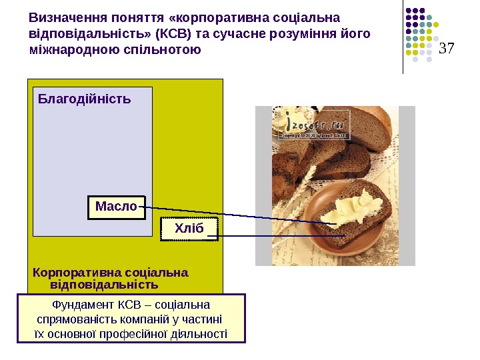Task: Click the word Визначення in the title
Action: [63, 17]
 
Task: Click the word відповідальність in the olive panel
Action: [104, 285]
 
